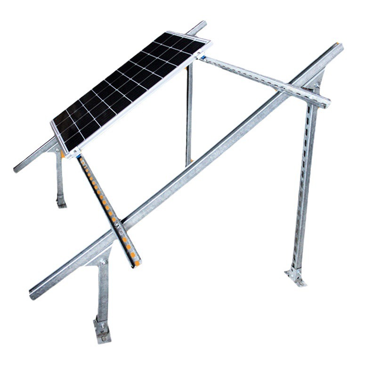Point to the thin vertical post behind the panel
point(189,118)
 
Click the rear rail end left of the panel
point(19,167)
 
